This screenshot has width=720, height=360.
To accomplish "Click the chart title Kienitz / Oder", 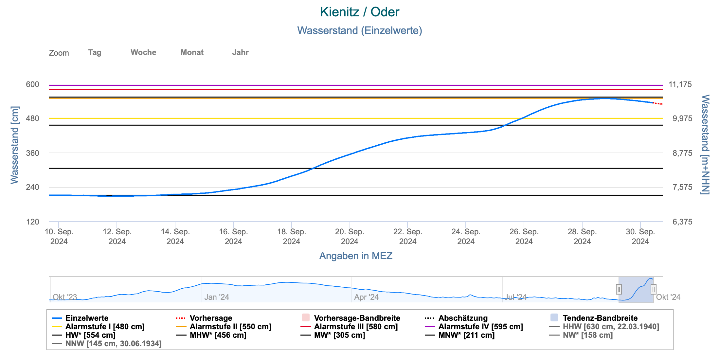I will pyautogui.click(x=359, y=12).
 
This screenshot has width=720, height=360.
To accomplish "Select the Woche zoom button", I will pyautogui.click(x=143, y=52).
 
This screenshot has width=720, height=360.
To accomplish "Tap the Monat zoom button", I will pyautogui.click(x=192, y=52).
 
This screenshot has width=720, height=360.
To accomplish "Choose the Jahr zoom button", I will pyautogui.click(x=240, y=52).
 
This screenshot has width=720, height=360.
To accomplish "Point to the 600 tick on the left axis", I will pyautogui.click(x=32, y=84).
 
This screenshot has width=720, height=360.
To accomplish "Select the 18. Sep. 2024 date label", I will pyautogui.click(x=291, y=237).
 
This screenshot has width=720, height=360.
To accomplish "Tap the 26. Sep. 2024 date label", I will pyautogui.click(x=524, y=237).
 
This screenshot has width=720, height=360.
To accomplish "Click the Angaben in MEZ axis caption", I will pyautogui.click(x=356, y=256).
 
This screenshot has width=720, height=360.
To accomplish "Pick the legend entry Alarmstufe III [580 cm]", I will pyautogui.click(x=356, y=327).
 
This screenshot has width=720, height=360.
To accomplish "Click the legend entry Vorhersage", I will pyautogui.click(x=211, y=318).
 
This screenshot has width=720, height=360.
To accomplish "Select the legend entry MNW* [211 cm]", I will pyautogui.click(x=466, y=335).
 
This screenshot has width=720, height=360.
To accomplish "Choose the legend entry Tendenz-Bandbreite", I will pyautogui.click(x=600, y=318).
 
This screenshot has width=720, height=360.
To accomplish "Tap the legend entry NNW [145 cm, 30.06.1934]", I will pyautogui.click(x=113, y=344).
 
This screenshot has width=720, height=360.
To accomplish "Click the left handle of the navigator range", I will pyautogui.click(x=619, y=289).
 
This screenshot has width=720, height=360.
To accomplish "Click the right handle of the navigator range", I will pyautogui.click(x=653, y=289).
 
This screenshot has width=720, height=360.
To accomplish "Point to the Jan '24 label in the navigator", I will pyautogui.click(x=216, y=297).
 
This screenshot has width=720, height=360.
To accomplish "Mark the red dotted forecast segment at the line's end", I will pyautogui.click(x=658, y=103).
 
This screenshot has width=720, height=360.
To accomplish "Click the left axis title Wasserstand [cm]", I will pyautogui.click(x=15, y=145).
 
